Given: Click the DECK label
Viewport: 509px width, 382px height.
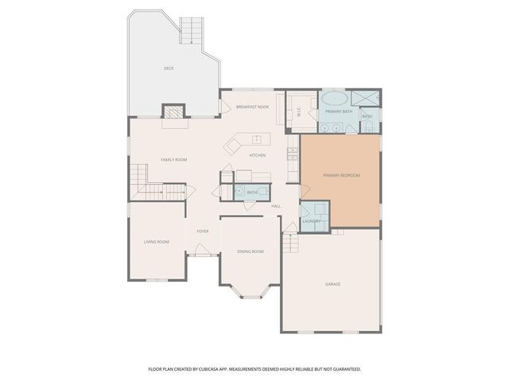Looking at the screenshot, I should (x=169, y=68).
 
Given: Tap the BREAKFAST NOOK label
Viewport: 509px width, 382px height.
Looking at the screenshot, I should (x=252, y=107).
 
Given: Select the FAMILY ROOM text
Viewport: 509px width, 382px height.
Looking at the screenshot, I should (x=174, y=160).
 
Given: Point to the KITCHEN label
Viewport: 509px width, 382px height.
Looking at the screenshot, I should (x=258, y=155).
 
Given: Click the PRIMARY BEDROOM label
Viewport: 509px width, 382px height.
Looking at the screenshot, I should (x=340, y=175).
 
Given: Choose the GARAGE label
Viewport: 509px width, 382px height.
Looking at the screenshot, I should (x=332, y=283).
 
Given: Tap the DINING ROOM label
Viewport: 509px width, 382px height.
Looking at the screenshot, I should (x=251, y=251).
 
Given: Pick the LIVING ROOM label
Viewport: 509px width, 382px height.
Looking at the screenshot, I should (x=157, y=242).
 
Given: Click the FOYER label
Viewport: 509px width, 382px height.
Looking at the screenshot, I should (x=203, y=232).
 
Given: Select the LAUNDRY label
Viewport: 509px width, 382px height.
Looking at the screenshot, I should (x=311, y=220).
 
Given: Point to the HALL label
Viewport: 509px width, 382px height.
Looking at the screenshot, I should (x=276, y=206).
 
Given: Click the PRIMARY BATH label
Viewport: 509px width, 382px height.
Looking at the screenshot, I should (x=338, y=111).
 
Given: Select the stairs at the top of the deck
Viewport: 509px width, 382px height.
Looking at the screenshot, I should (x=191, y=30).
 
